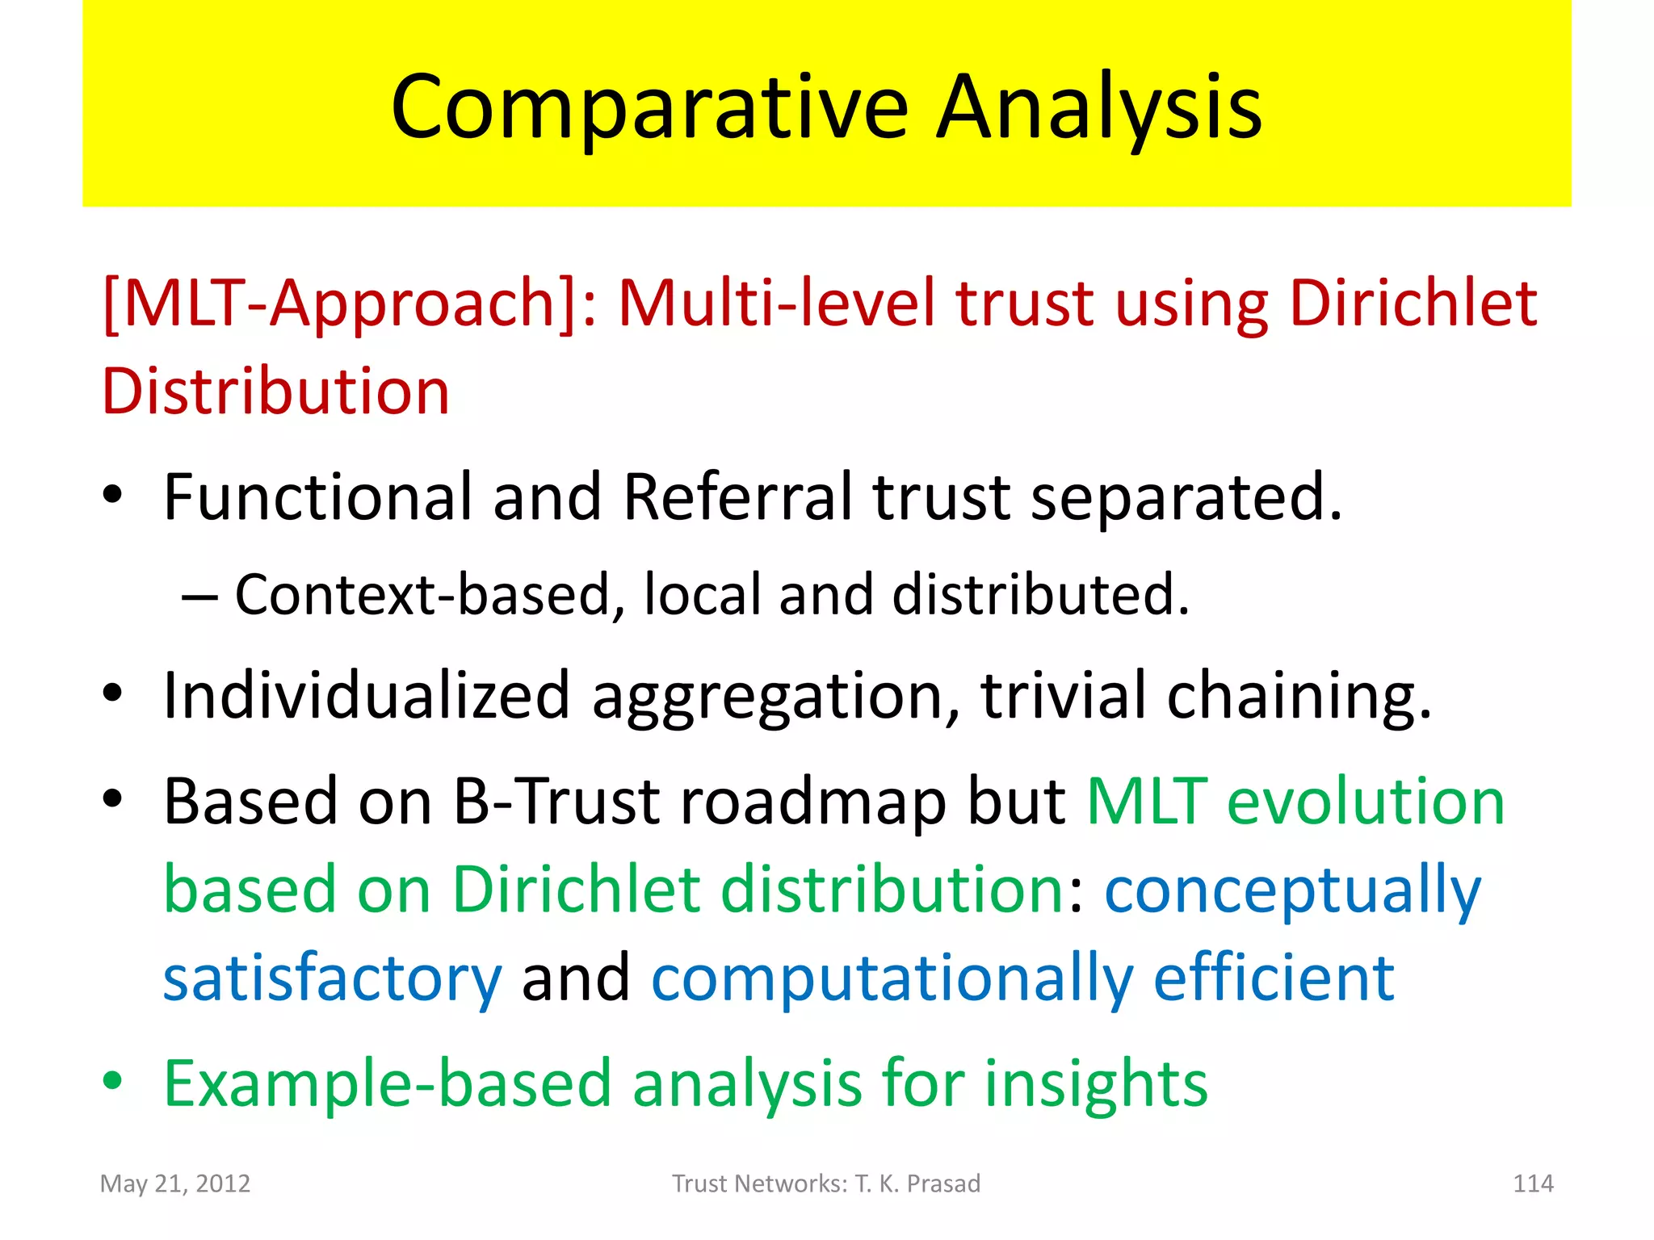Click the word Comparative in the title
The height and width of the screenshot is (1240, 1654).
(x=649, y=108)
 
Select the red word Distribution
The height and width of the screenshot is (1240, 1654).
(x=275, y=392)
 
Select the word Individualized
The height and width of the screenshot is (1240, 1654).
(x=367, y=695)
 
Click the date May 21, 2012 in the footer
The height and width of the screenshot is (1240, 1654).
(x=175, y=1183)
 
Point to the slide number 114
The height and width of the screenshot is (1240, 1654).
(x=1532, y=1183)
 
